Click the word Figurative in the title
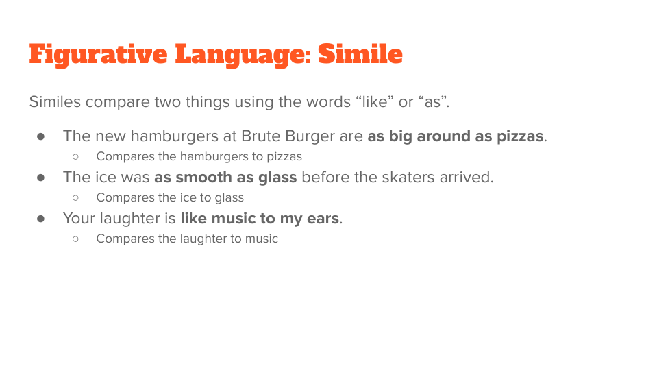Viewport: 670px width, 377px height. tap(98, 55)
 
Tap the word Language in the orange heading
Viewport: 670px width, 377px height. tap(243, 55)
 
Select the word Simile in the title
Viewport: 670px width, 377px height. tap(360, 54)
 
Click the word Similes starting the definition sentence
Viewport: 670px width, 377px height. tap(55, 101)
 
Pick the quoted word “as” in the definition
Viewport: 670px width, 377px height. tap(432, 101)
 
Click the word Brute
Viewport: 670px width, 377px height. tap(260, 136)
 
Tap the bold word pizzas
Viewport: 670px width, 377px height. tap(520, 136)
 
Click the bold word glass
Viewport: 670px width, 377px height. tap(277, 178)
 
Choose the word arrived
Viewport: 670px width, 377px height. tap(467, 177)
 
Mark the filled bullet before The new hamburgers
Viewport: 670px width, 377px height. tap(41, 136)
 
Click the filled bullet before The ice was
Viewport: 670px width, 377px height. tap(41, 178)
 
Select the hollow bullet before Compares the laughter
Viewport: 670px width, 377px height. tap(75, 239)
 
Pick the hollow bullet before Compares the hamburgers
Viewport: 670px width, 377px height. tap(75, 157)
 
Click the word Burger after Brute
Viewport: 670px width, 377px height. tap(310, 136)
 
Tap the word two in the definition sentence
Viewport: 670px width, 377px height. tap(167, 101)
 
